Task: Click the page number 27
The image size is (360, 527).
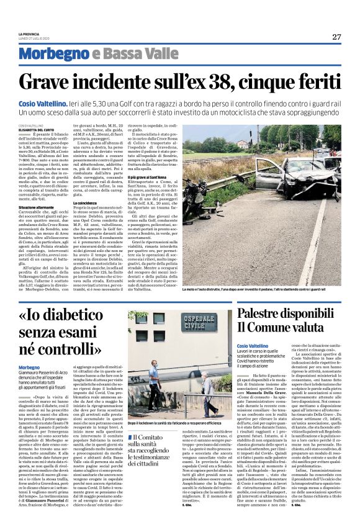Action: (336, 37)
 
